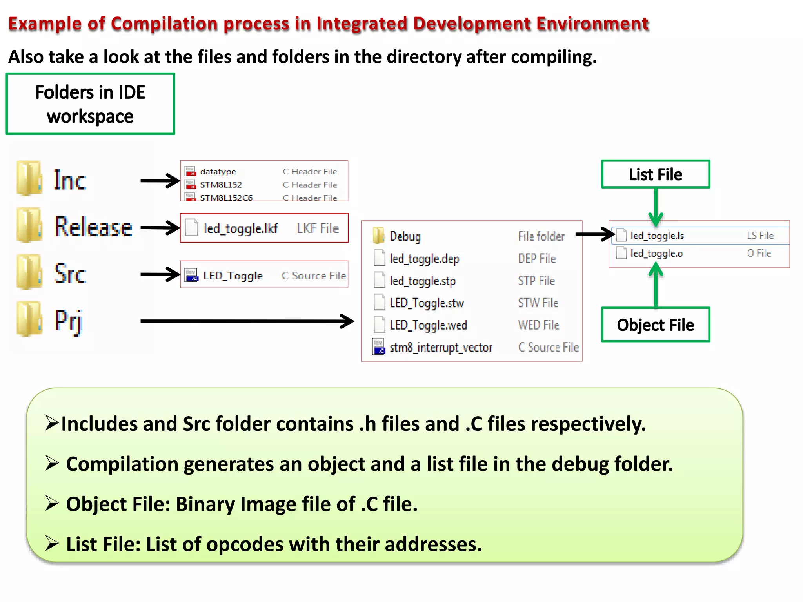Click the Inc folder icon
pos(29,178)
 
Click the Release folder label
pos(93,227)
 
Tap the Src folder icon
pos(29,272)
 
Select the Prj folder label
pos(69,321)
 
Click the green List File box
pos(655,174)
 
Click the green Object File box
pos(655,325)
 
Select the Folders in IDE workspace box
pos(90,104)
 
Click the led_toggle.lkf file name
pos(240,228)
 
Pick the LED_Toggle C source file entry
pos(233,276)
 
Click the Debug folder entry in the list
pos(405,236)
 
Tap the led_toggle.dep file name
pos(424,259)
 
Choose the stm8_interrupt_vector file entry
pos(441,347)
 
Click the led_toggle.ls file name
pos(657,236)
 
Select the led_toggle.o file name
pos(656,254)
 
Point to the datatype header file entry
pos(218,172)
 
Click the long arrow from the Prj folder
pos(247,321)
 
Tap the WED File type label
pos(539,325)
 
